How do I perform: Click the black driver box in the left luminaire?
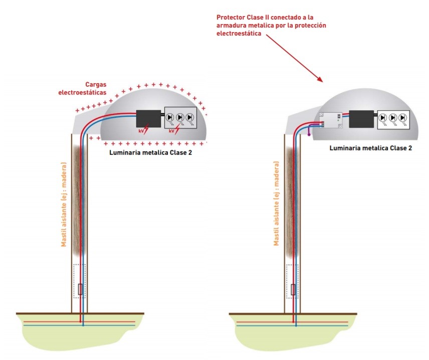point(148,118)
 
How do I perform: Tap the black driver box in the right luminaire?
point(361,118)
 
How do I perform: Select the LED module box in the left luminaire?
point(180,118)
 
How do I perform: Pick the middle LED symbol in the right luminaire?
point(393,118)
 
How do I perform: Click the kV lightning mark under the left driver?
point(144,131)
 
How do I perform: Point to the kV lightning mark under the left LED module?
point(173,131)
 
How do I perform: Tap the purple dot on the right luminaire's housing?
point(309,134)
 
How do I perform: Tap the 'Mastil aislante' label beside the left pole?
point(64,204)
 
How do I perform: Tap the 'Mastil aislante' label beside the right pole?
point(276,204)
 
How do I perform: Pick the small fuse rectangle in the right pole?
point(294,289)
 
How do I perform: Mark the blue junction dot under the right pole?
point(296,325)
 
